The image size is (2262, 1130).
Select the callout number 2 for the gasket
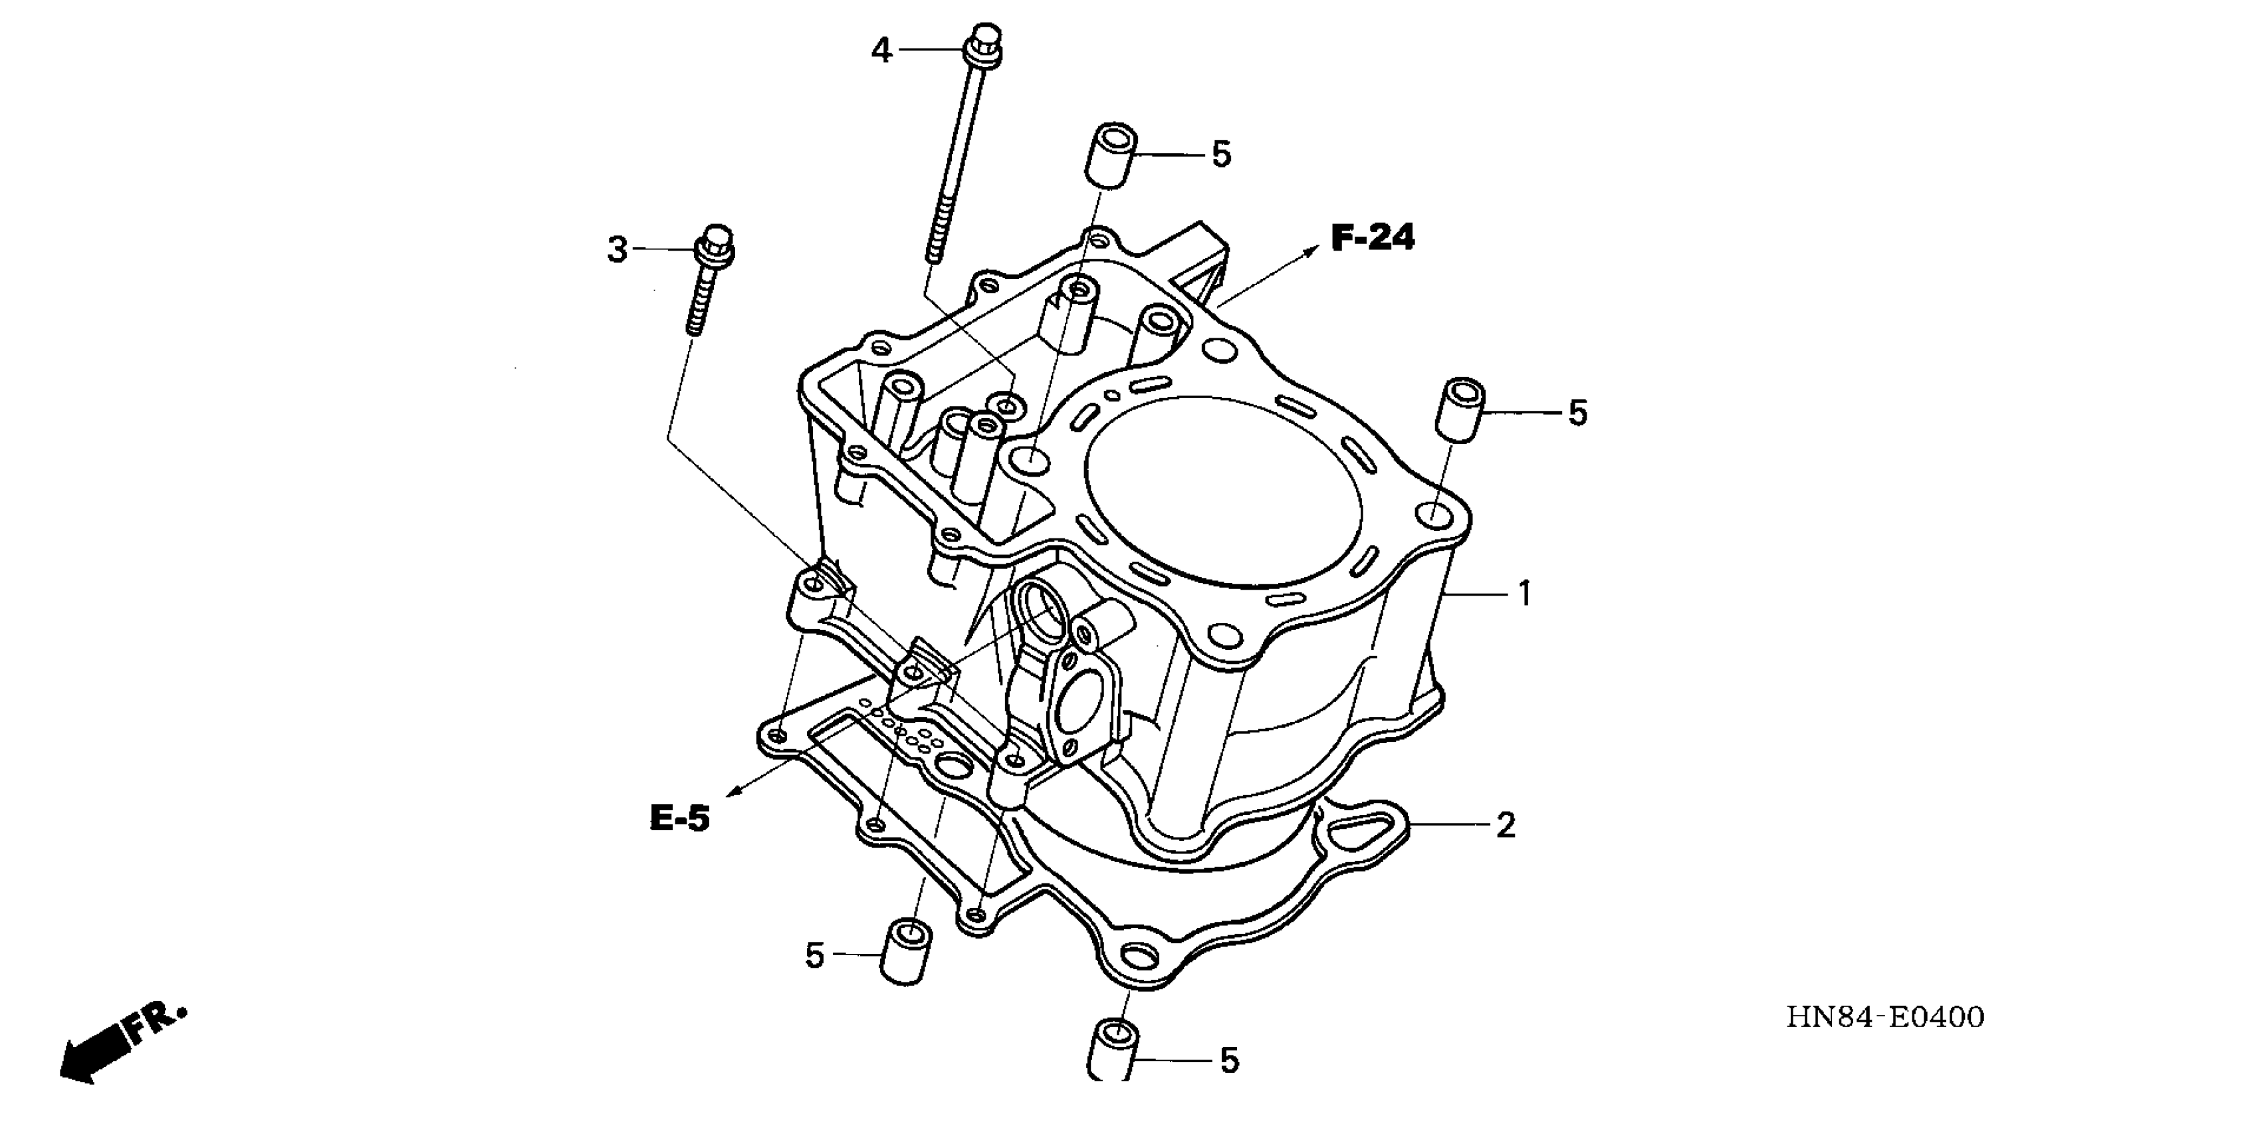(1505, 826)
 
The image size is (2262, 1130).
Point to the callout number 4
(881, 51)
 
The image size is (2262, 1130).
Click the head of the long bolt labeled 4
(985, 43)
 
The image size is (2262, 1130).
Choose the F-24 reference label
(1373, 238)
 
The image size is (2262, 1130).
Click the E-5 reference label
(679, 819)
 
